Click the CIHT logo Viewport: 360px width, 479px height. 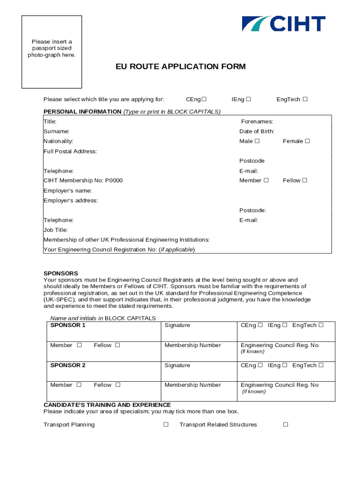[283, 24]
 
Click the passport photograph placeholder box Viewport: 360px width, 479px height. [52, 52]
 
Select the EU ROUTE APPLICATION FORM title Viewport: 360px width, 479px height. [180, 67]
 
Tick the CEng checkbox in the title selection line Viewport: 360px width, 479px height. [204, 99]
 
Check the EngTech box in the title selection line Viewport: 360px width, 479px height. [305, 99]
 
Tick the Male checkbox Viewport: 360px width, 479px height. [258, 141]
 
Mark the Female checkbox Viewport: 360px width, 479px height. [308, 141]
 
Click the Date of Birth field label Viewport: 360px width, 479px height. [257, 131]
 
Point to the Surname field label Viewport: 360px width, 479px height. [56, 131]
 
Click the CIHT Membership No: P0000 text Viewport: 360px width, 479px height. [83, 181]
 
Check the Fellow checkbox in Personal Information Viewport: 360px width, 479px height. [304, 181]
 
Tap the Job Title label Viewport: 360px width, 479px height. [56, 230]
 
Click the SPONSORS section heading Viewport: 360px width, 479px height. [61, 273]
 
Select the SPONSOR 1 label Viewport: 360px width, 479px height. [68, 325]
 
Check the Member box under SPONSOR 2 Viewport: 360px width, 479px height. [79, 385]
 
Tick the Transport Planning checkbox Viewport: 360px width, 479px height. [166, 425]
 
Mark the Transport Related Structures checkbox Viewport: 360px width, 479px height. [286, 425]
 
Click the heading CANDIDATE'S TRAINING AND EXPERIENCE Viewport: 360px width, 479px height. [107, 405]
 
